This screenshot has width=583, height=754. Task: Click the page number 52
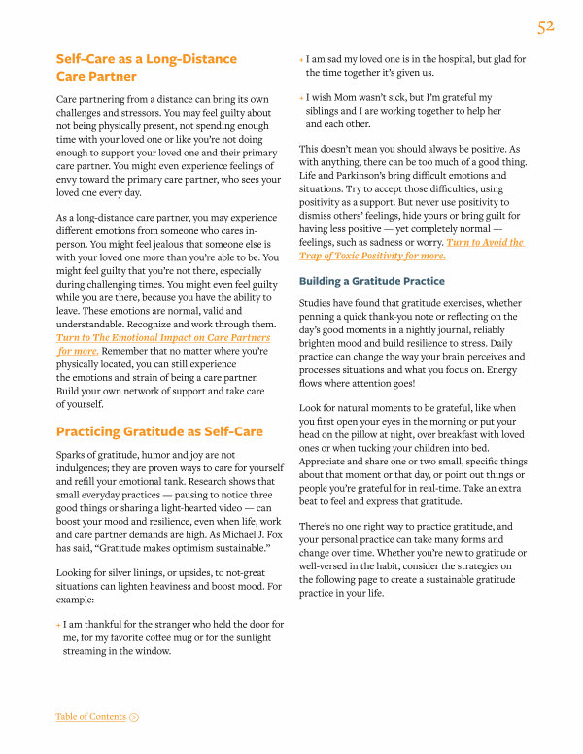point(545,27)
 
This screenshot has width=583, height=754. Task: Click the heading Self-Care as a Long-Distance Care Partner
point(146,67)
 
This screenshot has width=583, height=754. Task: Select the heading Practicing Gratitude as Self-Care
point(157,431)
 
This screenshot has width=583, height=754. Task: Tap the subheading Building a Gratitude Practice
point(372,282)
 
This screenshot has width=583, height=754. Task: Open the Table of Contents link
point(90,717)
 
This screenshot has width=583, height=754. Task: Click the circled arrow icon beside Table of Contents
point(134,717)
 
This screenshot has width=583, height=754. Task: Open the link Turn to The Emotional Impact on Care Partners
point(163,337)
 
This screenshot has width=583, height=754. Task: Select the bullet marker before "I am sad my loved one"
point(301,60)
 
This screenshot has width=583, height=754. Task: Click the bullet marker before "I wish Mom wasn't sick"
point(301,98)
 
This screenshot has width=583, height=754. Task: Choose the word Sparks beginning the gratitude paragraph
point(75,454)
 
